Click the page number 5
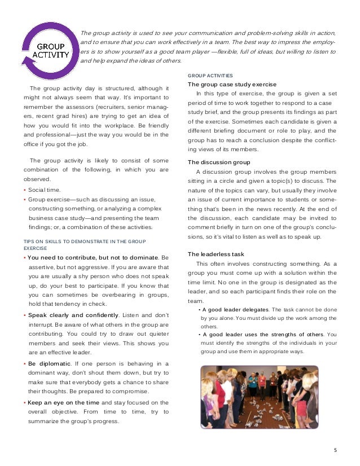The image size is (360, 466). pos(335,450)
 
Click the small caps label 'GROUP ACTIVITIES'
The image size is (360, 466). pos(210,76)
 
